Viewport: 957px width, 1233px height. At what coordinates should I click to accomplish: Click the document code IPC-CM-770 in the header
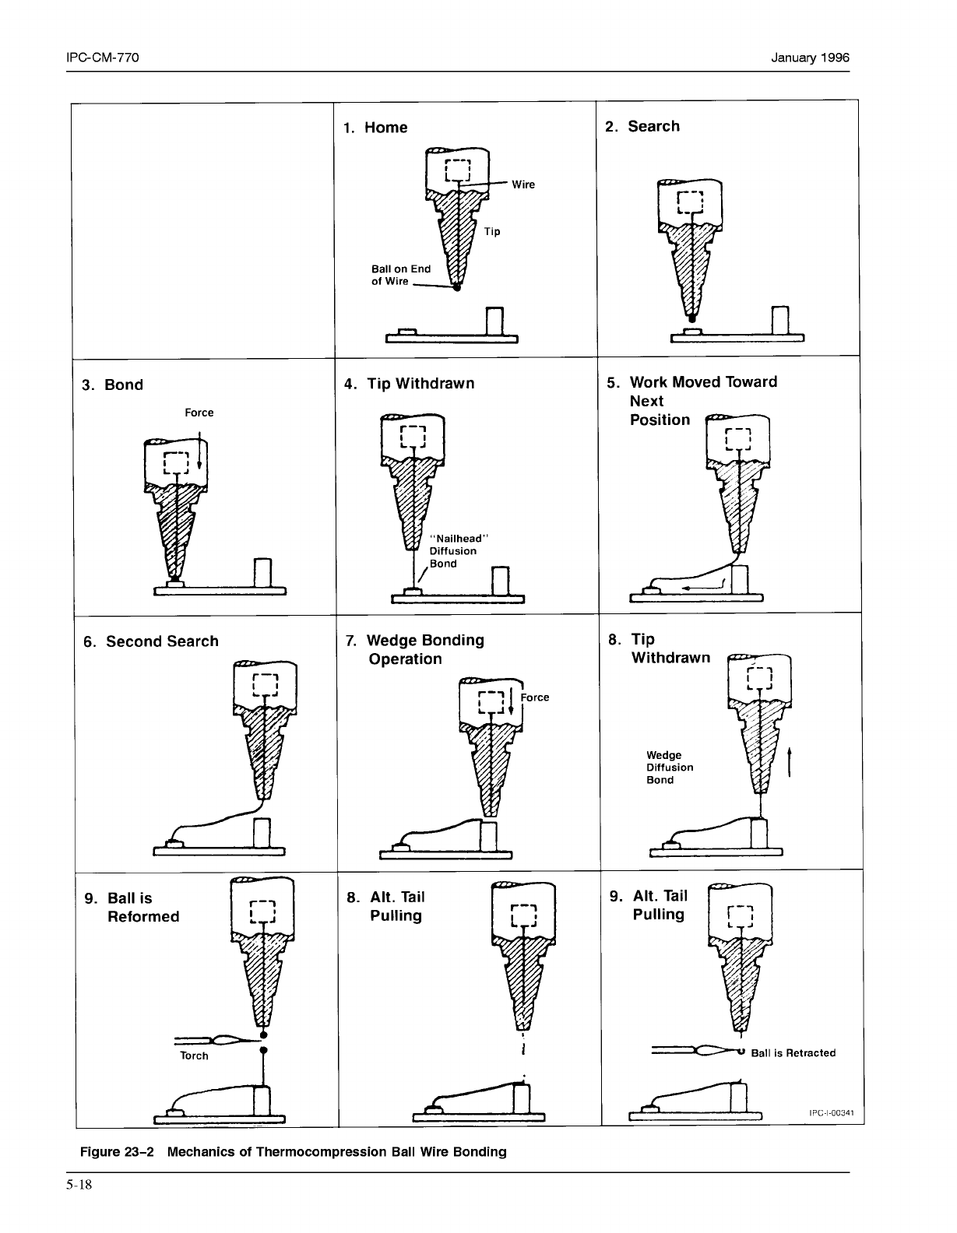(x=103, y=58)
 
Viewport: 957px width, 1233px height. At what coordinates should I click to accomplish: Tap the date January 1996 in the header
(x=810, y=58)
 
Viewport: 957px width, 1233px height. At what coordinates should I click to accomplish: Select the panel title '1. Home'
(x=375, y=128)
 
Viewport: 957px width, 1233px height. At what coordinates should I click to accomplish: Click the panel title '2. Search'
(x=642, y=126)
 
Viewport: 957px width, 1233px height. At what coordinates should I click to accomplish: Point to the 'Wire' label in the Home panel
(x=523, y=184)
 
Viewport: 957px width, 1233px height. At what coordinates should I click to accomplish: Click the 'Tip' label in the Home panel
(x=491, y=231)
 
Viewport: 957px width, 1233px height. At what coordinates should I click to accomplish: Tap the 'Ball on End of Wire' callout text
(x=400, y=275)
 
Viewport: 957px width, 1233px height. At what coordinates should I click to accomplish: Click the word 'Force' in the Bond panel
(x=199, y=413)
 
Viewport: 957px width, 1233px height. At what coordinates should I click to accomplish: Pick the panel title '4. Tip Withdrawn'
(x=409, y=384)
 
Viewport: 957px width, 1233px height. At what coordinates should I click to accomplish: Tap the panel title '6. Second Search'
(x=151, y=641)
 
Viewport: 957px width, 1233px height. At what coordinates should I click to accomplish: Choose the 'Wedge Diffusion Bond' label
(x=669, y=768)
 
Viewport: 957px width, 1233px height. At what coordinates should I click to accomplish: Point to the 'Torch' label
(x=194, y=1056)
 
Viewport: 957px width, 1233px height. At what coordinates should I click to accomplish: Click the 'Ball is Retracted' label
(x=793, y=1053)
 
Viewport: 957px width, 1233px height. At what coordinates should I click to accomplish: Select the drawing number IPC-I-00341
(x=832, y=1112)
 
